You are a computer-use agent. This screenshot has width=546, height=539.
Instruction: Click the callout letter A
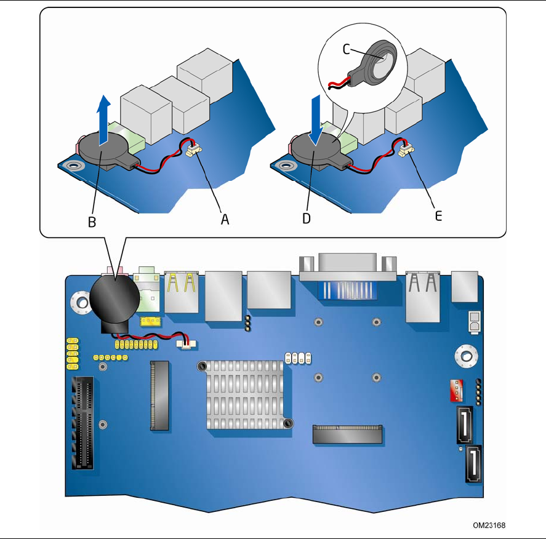(225, 219)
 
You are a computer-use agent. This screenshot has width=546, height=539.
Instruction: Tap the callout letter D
(306, 219)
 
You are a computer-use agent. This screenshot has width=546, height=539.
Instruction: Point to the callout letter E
(438, 216)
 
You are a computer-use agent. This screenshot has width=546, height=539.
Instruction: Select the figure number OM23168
(489, 525)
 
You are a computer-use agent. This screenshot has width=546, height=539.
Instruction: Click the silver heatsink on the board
(244, 393)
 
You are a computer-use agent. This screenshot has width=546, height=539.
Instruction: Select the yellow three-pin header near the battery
(150, 322)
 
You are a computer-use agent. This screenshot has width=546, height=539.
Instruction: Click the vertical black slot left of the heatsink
(159, 395)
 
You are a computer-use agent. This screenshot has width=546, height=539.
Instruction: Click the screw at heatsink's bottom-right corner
(288, 423)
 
